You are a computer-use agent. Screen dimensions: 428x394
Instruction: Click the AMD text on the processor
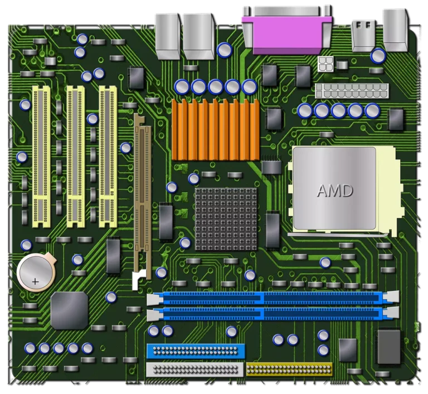[335, 191]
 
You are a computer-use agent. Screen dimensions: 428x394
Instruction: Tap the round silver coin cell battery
[36, 272]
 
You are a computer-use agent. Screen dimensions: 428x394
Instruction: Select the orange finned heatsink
[216, 129]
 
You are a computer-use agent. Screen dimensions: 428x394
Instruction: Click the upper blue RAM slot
[273, 299]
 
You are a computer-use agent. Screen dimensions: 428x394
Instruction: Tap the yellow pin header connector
[289, 369]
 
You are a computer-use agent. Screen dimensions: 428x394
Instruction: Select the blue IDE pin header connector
[196, 351]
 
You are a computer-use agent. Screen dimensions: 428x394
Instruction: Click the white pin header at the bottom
[194, 369]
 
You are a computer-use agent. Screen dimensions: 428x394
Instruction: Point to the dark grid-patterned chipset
[226, 219]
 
